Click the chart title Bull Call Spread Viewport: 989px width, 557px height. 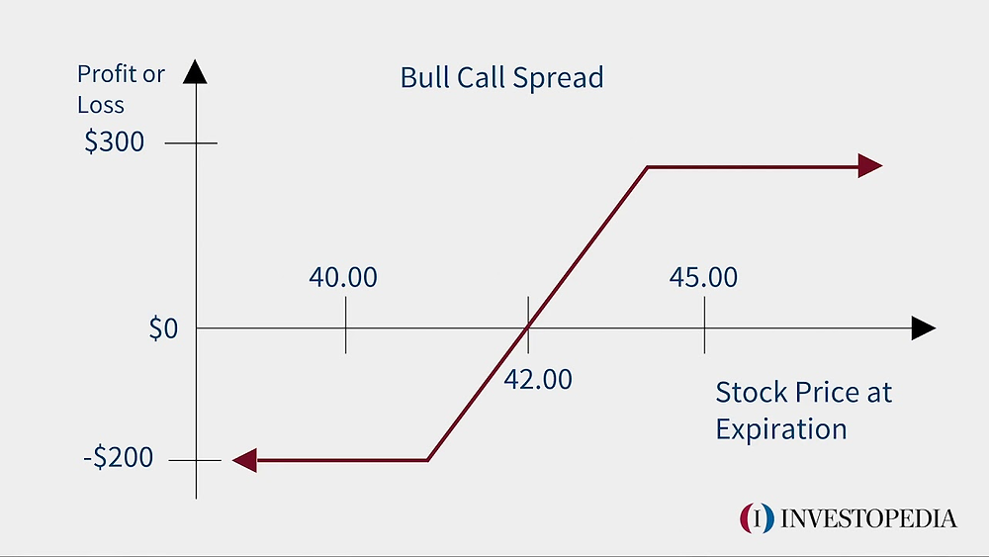click(x=501, y=78)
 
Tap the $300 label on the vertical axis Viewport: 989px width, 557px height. click(x=115, y=142)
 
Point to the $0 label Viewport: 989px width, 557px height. click(x=163, y=328)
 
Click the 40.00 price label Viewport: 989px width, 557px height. click(x=343, y=277)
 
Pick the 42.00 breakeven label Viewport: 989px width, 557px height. click(x=538, y=379)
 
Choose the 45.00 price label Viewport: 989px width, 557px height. click(x=703, y=277)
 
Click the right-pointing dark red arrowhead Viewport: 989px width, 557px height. click(x=869, y=166)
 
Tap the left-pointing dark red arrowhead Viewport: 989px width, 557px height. click(x=244, y=459)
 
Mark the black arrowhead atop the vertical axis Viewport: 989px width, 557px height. click(x=196, y=72)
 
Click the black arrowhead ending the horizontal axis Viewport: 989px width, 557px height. click(x=923, y=328)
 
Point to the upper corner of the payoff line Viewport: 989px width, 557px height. click(x=647, y=167)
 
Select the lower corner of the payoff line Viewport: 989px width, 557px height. click(x=427, y=459)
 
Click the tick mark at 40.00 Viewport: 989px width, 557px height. click(x=345, y=327)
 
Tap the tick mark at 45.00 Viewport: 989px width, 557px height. click(x=704, y=327)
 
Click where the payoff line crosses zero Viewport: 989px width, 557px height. click(x=528, y=327)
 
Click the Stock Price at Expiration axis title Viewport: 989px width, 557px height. click(x=803, y=411)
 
